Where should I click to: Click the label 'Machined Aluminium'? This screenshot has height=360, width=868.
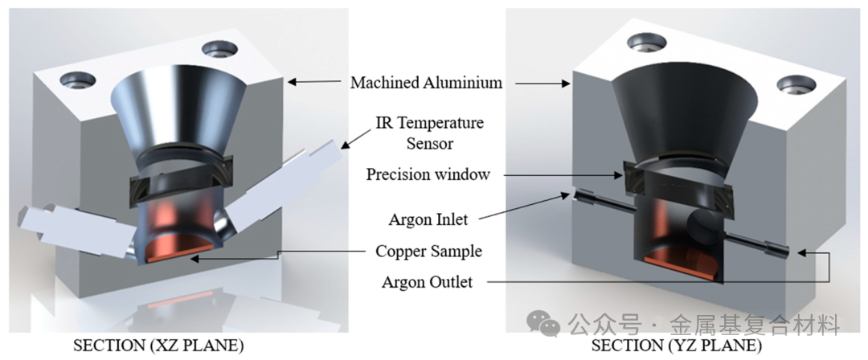pos(426,82)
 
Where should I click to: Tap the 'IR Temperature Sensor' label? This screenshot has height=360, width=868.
pos(429,133)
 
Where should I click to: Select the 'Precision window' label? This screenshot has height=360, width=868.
pos(428,174)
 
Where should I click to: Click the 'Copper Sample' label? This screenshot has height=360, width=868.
pos(428,251)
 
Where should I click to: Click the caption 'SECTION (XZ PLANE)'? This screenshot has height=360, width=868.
pos(159,345)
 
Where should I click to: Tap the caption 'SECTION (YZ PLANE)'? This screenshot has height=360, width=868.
pos(676,345)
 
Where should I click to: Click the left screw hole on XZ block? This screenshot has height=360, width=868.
pos(78,80)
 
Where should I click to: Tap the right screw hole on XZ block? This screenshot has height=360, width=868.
pos(218,51)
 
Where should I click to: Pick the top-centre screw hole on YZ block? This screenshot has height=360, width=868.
pos(645,43)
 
